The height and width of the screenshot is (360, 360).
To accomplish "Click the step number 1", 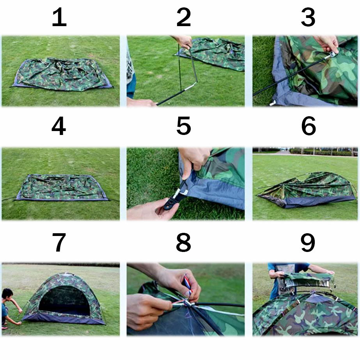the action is click(59, 17).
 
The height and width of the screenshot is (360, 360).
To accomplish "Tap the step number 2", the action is click(184, 17).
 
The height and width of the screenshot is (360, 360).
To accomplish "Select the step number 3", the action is click(308, 17).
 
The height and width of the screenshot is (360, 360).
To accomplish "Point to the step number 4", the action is click(59, 126).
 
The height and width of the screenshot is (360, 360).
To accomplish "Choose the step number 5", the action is click(184, 126).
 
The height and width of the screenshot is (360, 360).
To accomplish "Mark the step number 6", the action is click(309, 126).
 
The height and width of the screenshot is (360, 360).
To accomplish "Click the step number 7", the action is click(59, 242).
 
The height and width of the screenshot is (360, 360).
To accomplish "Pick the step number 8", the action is click(183, 242).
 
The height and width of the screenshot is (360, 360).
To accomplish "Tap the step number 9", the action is click(308, 242).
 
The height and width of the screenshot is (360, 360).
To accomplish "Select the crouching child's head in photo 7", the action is click(7, 295).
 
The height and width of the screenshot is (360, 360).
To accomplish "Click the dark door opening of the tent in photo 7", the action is click(64, 300).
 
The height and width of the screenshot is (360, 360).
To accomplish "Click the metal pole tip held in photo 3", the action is click(331, 55).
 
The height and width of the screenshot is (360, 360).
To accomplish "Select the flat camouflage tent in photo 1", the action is click(62, 74).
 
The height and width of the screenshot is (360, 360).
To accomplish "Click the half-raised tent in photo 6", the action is click(307, 190).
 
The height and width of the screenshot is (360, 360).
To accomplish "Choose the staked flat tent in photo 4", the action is click(62, 187).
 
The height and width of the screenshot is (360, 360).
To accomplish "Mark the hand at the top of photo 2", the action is click(184, 42).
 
